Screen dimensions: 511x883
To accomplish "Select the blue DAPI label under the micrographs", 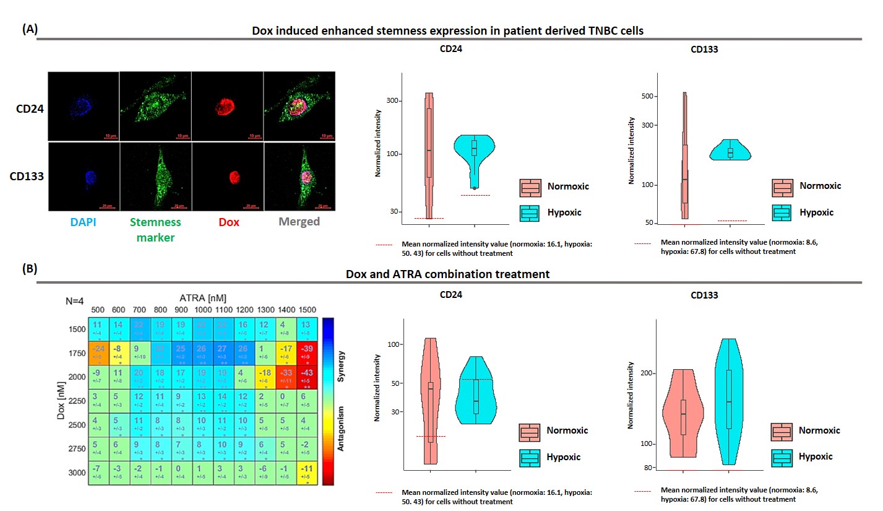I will pos(84,222).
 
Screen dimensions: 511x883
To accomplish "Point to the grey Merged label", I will pos(299,222).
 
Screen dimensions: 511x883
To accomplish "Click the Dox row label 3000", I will pos(75,473).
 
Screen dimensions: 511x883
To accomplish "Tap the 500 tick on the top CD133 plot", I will pos(651,96).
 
